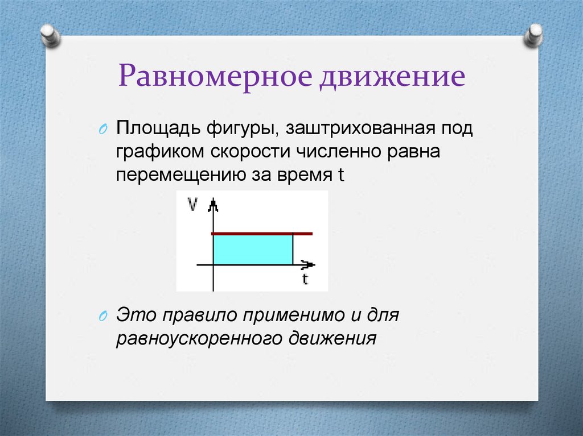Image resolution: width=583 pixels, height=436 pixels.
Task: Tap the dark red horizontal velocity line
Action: coord(262,234)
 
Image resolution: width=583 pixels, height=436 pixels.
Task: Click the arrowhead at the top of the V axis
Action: coord(213,204)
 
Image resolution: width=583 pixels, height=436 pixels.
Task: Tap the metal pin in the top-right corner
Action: coord(534,36)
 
